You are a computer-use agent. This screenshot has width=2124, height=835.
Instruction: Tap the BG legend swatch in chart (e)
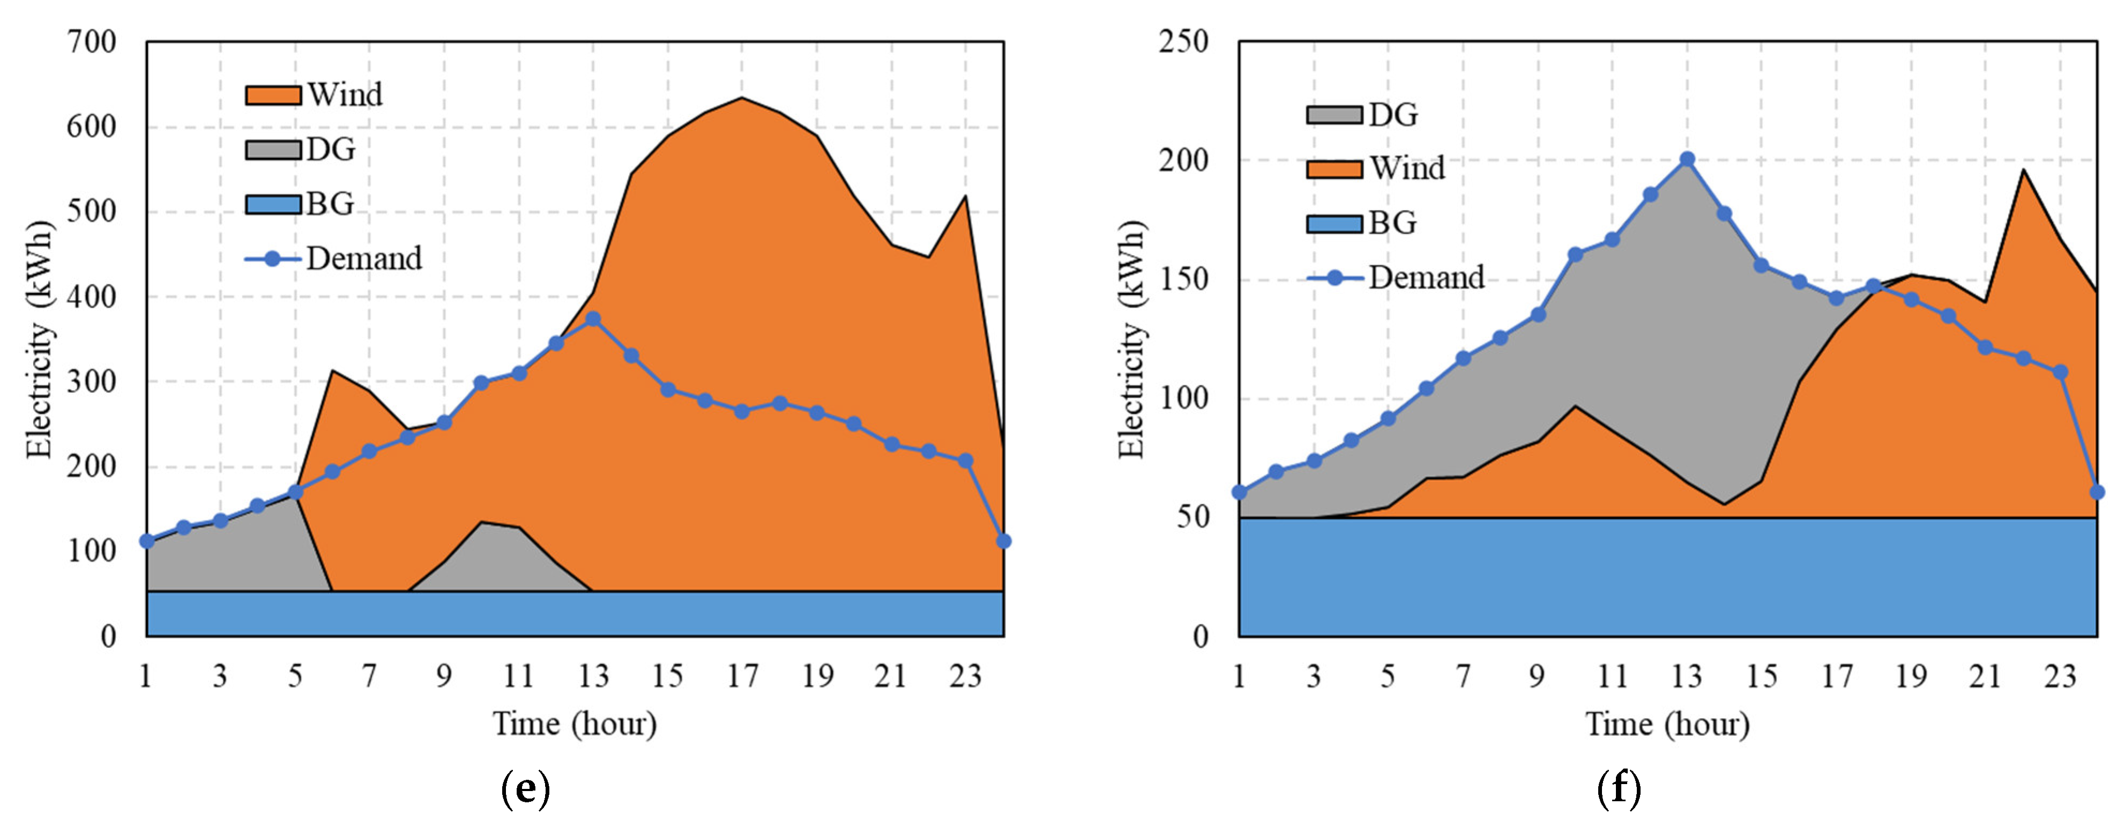[x=273, y=204]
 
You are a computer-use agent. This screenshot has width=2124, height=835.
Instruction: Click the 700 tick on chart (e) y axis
[x=92, y=42]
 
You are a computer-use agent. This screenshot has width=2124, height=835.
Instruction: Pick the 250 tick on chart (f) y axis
[x=1183, y=42]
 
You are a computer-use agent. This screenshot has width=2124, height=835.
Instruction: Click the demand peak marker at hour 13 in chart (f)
[x=1687, y=159]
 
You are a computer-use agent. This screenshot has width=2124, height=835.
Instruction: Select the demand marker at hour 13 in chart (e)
[x=593, y=319]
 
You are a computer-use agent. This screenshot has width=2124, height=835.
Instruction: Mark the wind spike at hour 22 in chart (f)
[x=2023, y=170]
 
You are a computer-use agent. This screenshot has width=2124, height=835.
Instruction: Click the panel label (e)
[x=525, y=789]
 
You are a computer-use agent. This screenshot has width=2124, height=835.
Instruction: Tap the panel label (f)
[x=1619, y=789]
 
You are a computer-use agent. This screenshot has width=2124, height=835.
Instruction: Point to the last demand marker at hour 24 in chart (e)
[x=1003, y=541]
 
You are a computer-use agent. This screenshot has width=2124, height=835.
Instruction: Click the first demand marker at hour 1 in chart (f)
[x=1239, y=492]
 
